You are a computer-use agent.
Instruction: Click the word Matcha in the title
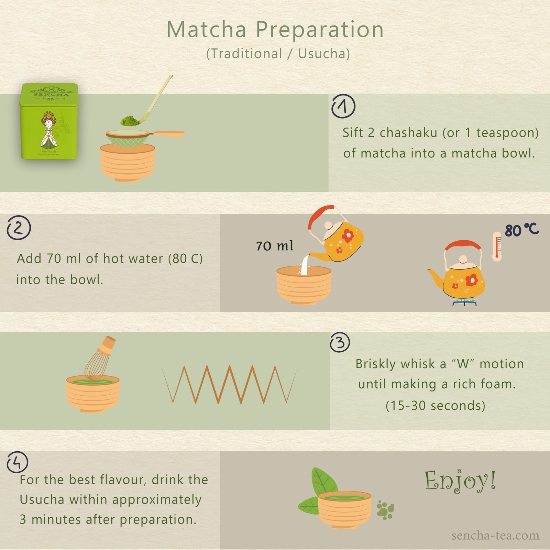point(207,30)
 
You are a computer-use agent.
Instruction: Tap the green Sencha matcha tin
point(49,121)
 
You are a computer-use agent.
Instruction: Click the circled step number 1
point(343,106)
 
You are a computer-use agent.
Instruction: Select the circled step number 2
point(19,228)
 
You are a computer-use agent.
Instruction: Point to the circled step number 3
point(340,342)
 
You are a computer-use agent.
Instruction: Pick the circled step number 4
point(17,462)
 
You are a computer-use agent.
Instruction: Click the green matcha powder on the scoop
point(130,121)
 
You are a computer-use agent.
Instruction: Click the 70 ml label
point(275,246)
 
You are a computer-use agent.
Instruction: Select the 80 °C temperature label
point(521,230)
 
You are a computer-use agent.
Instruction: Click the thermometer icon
point(497,246)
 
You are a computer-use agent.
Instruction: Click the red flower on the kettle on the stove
point(471,280)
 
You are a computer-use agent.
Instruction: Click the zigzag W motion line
point(229,384)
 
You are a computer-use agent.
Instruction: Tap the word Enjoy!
point(460,481)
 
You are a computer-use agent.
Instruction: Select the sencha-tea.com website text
point(495,535)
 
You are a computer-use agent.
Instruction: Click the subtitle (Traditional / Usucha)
point(278,54)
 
